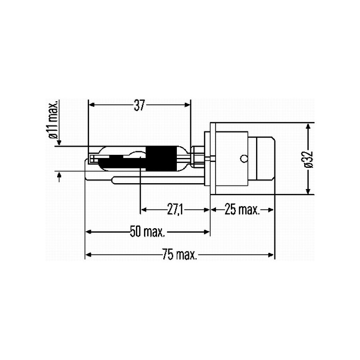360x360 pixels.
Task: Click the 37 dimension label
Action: pos(139,105)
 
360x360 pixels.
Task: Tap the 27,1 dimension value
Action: pos(175,210)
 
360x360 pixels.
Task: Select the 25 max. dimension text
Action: pos(242,209)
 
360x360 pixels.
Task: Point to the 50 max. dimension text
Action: pos(148,232)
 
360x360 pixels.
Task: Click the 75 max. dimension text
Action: pos(180,254)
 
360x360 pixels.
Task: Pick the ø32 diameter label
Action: pos(309,159)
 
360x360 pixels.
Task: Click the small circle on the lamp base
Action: pos(244,158)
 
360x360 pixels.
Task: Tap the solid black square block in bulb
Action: pos(162,159)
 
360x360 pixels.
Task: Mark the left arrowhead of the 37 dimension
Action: pos(91,105)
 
